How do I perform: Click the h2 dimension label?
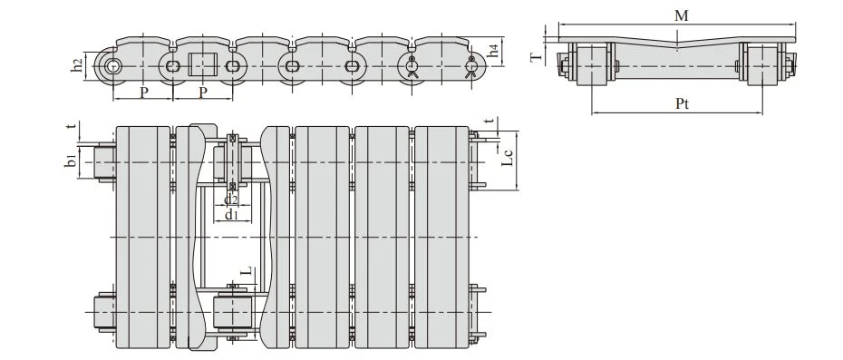77,65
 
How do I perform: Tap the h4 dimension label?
494,52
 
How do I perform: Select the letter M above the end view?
681,15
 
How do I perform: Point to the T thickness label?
537,56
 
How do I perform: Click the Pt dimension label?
682,104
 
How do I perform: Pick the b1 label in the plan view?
71,161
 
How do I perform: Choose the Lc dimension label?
508,157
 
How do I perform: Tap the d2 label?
230,200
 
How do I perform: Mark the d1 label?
230,215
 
